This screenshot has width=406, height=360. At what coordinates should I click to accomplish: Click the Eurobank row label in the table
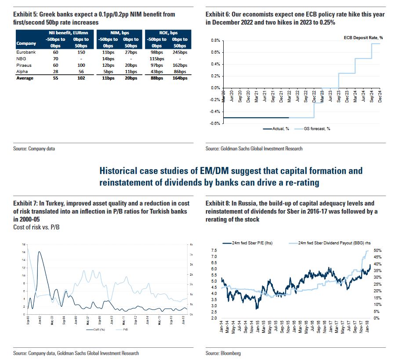(25, 52)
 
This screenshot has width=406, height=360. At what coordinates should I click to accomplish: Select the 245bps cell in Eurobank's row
(180, 52)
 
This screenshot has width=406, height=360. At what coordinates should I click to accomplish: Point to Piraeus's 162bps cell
(180, 65)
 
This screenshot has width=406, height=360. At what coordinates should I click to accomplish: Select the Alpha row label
(22, 72)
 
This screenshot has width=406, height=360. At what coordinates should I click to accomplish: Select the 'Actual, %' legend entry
(281, 129)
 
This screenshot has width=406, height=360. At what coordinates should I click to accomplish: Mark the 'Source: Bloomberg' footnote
(223, 353)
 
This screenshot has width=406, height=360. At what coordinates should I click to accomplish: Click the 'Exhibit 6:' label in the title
(218, 15)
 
